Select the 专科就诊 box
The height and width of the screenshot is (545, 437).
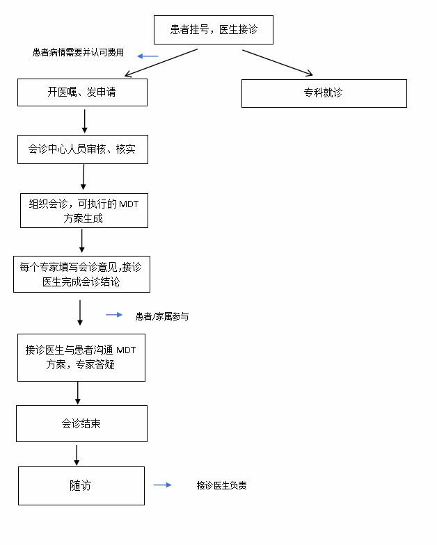click(x=324, y=93)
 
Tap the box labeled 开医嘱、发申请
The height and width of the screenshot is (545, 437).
click(x=82, y=92)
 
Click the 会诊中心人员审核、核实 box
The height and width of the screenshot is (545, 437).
click(x=82, y=149)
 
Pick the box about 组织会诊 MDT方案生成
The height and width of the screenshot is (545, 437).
click(x=84, y=211)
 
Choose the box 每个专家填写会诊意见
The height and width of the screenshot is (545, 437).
click(x=81, y=274)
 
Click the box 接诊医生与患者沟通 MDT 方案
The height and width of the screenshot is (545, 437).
click(x=81, y=357)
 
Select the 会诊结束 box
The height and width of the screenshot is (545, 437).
click(x=81, y=423)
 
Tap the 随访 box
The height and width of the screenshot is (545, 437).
click(x=81, y=485)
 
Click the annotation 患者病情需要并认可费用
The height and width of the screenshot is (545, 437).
click(x=78, y=53)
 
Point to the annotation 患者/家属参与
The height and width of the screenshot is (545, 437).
click(x=161, y=316)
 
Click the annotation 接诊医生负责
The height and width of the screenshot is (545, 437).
click(x=221, y=485)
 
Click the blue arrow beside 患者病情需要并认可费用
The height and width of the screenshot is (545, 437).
click(x=148, y=56)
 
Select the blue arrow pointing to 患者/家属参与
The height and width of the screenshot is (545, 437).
click(x=114, y=315)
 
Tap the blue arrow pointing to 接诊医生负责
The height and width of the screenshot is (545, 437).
click(x=162, y=485)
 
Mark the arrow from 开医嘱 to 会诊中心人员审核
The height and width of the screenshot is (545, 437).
click(x=84, y=120)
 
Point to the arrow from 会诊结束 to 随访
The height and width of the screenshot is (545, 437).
click(x=77, y=455)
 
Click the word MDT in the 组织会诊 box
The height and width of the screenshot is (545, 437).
click(x=129, y=204)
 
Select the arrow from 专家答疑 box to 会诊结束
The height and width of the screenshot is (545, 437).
click(x=77, y=393)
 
